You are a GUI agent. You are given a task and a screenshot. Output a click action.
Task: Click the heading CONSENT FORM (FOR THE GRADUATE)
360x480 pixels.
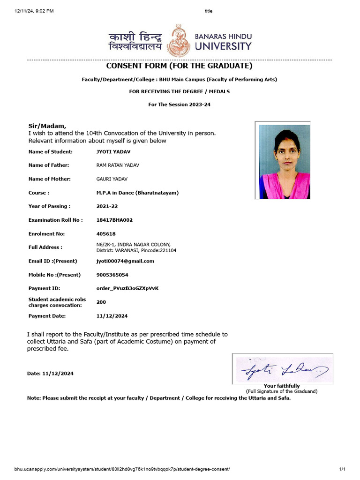tap(180, 66)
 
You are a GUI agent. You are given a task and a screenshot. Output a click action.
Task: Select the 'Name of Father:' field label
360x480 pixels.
tap(49, 165)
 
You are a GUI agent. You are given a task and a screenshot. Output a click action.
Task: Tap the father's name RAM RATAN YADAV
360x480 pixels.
tap(118, 165)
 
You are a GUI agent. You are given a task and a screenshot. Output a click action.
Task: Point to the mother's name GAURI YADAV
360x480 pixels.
tap(112, 179)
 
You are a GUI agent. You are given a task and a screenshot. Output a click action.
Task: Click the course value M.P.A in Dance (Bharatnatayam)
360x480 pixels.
tap(137, 193)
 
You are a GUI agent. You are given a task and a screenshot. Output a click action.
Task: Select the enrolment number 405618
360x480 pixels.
tap(106, 233)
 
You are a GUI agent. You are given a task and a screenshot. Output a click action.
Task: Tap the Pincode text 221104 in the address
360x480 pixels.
tap(167, 250)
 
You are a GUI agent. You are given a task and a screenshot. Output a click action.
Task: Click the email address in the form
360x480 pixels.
tap(125, 261)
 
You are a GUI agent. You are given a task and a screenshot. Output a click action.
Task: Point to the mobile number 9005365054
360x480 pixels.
tap(112, 275)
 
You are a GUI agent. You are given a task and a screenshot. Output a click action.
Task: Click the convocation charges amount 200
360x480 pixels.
tap(101, 302)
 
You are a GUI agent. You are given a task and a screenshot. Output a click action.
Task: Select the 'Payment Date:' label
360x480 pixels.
tap(47, 316)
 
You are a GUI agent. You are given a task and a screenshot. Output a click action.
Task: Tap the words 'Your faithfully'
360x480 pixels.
tap(282, 386)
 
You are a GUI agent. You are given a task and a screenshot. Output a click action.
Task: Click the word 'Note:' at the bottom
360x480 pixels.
tap(34, 398)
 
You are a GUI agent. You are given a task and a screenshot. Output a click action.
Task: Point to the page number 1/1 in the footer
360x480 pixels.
tap(342, 469)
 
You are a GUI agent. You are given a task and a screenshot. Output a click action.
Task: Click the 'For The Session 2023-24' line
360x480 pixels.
tap(180, 105)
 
